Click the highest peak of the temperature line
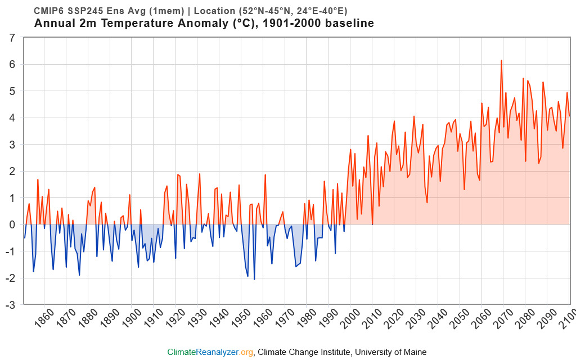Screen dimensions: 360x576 [501, 61]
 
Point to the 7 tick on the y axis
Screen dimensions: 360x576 [12, 38]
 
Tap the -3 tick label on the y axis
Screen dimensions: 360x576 [11, 305]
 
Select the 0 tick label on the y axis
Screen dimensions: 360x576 [12, 224]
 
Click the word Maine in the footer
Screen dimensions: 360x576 [414, 352]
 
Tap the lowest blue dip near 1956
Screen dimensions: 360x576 [254, 279]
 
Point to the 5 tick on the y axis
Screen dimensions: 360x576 [12, 91]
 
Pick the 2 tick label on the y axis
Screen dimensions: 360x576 [12, 171]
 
